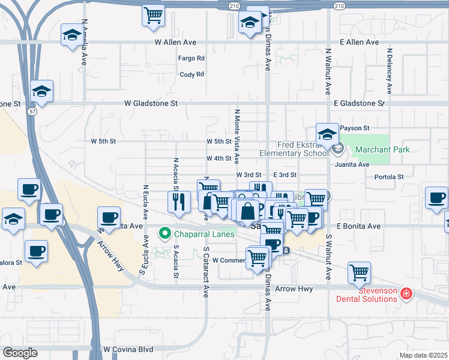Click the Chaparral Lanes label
click(x=204, y=233)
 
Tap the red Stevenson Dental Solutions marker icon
click(x=406, y=293)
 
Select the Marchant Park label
click(x=382, y=149)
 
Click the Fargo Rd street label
click(x=191, y=58)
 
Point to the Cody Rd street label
click(x=192, y=74)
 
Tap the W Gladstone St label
click(x=151, y=103)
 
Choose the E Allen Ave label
click(x=359, y=43)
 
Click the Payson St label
click(x=354, y=128)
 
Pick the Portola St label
click(x=388, y=177)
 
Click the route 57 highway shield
click(x=31, y=112)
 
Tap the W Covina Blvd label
click(x=127, y=349)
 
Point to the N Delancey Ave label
click(x=390, y=71)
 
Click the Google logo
click(x=20, y=353)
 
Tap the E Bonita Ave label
click(x=359, y=226)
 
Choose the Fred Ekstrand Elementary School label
click(x=295, y=149)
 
